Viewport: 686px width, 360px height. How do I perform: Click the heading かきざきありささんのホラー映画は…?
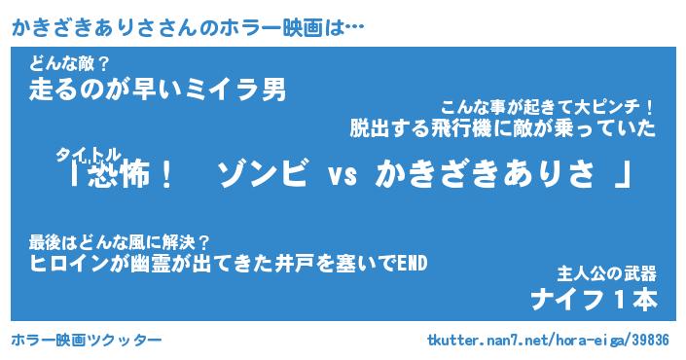[x=188, y=28]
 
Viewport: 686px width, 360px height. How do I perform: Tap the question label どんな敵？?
[x=69, y=65]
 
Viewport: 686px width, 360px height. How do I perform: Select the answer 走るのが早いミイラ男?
[x=158, y=90]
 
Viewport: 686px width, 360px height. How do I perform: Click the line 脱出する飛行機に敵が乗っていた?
[x=503, y=128]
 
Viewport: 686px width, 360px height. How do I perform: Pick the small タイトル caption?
[x=88, y=155]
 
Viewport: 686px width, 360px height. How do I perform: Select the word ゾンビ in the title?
[x=262, y=173]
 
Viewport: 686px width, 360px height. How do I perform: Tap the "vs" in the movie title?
[x=343, y=175]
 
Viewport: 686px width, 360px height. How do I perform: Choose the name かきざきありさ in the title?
[x=485, y=173]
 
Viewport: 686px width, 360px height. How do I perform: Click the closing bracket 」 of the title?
[x=622, y=174]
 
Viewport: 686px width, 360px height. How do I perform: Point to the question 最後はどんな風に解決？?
[x=120, y=242]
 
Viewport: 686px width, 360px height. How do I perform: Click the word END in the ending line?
[x=412, y=263]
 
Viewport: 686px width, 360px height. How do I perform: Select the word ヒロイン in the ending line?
[x=69, y=264]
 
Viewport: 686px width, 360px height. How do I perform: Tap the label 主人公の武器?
[x=606, y=273]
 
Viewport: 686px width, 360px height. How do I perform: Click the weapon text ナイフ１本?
[x=594, y=300]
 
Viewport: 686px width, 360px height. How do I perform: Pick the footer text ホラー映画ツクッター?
[x=87, y=340]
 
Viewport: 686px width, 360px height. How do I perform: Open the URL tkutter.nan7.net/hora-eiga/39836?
[x=548, y=340]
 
